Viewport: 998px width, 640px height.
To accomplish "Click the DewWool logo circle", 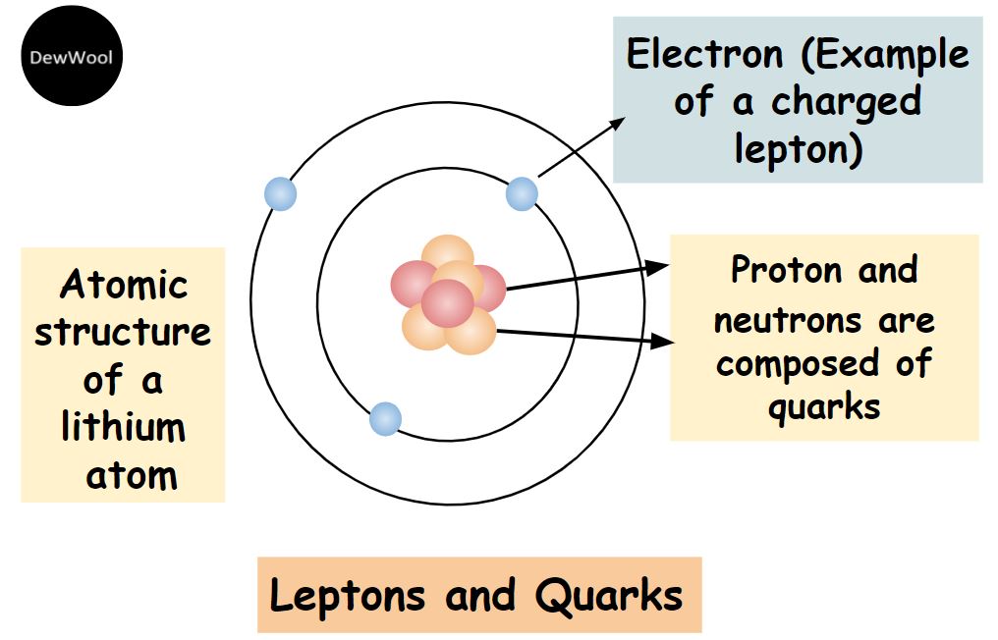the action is pyautogui.click(x=72, y=56).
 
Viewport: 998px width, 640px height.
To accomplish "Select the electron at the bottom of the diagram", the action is pyautogui.click(x=386, y=418).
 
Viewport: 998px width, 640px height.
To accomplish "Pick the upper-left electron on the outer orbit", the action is pyautogui.click(x=280, y=193).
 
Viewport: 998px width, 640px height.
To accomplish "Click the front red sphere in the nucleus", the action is pyautogui.click(x=448, y=303).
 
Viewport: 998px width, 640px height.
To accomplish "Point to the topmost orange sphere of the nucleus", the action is pyautogui.click(x=448, y=253).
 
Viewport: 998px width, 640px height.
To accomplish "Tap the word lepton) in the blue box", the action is pyautogui.click(x=799, y=149).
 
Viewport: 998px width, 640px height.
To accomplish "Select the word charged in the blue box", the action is pyautogui.click(x=847, y=102).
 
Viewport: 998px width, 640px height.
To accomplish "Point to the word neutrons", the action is pyautogui.click(x=787, y=320).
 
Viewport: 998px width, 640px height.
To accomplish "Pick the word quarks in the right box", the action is pyautogui.click(x=824, y=407).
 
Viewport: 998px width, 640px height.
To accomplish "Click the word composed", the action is pyautogui.click(x=798, y=364).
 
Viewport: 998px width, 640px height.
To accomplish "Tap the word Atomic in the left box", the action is pyautogui.click(x=124, y=284).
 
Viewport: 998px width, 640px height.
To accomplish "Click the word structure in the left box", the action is pyautogui.click(x=122, y=332).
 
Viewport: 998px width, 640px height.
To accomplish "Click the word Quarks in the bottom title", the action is pyautogui.click(x=608, y=596).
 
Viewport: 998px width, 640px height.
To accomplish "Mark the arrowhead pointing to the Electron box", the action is pyautogui.click(x=616, y=124).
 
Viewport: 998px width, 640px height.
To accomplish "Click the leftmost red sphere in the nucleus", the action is pyautogui.click(x=413, y=285).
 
